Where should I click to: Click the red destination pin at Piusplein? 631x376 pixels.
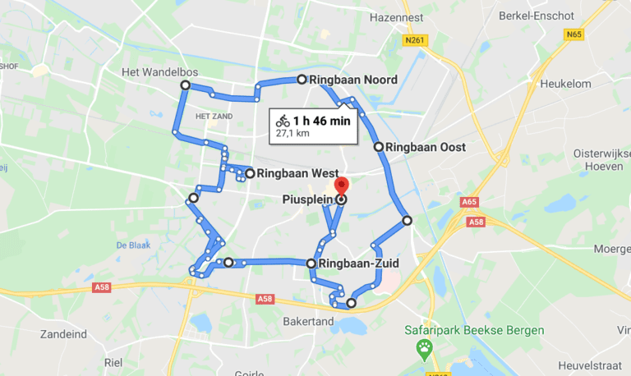[x=343, y=186]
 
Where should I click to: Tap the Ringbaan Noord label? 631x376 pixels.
[x=353, y=80]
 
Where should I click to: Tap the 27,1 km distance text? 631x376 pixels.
[x=292, y=133]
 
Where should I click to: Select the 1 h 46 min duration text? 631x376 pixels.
[x=322, y=121]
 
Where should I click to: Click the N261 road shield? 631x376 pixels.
[x=416, y=39]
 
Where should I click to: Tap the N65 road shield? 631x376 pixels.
[x=573, y=34]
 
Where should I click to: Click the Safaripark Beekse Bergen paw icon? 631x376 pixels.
[x=424, y=350]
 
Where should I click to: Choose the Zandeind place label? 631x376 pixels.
[x=63, y=335]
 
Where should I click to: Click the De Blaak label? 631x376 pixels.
[x=131, y=245]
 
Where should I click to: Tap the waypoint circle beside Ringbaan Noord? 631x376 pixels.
[x=302, y=80]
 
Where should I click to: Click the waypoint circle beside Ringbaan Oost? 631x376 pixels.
[x=379, y=147]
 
